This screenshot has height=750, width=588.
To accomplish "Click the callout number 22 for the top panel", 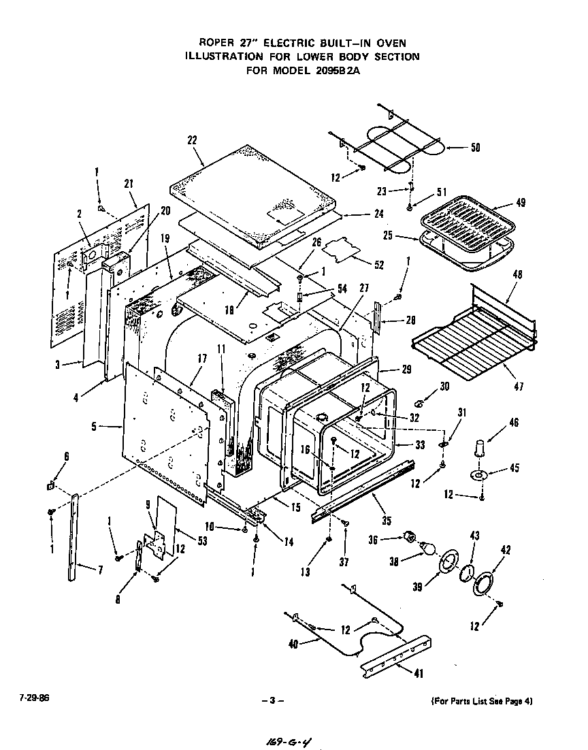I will [192, 140].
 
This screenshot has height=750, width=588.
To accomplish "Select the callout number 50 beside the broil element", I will [475, 147].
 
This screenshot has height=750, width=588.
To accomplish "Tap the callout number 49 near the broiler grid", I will [520, 203].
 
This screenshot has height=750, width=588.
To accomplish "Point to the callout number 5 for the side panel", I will [94, 427].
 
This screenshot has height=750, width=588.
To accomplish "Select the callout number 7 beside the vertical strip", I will [100, 570].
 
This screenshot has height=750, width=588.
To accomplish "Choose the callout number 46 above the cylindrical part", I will [514, 423].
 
